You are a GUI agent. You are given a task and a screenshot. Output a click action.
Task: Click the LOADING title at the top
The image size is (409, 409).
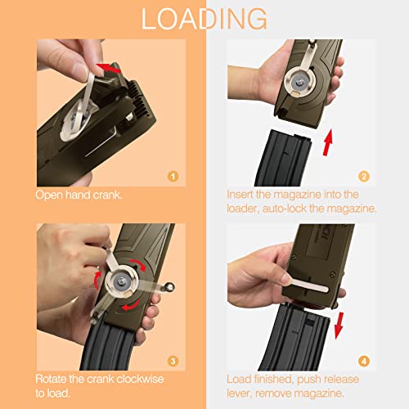point(204,18)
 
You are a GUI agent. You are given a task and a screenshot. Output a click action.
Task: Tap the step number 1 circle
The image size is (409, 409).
point(172,175)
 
